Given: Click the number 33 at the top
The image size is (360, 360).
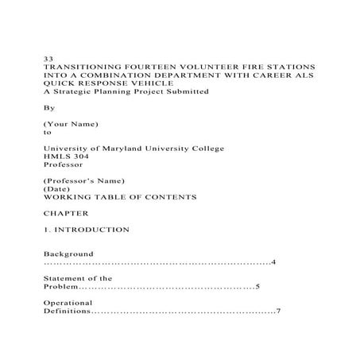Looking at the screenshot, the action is point(48,60).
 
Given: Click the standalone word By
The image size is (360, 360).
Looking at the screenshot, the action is point(48,108).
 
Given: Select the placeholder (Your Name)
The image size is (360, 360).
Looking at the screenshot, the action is point(72,125).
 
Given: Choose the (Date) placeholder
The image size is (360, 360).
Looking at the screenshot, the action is point(57,189).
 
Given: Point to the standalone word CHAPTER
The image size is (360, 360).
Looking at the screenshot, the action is point(65,214).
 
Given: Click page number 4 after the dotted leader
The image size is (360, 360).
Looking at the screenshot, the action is point(273,262).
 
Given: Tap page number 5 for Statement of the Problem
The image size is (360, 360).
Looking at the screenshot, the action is point(257,287).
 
